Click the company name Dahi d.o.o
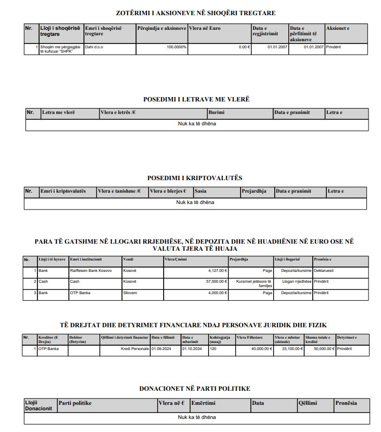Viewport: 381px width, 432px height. click(95, 47)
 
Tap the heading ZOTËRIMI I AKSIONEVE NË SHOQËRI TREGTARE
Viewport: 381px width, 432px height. click(192, 12)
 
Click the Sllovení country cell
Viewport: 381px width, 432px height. click(130, 293)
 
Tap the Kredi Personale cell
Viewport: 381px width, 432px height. click(135, 348)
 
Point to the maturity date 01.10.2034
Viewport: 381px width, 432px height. click(192, 348)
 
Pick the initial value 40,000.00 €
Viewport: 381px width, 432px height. click(261, 348)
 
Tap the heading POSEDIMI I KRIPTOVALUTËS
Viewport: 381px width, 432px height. click(194, 178)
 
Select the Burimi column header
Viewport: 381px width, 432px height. click(217, 112)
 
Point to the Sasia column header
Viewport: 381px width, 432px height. click(201, 191)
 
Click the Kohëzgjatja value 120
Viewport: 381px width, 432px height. click(214, 348)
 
